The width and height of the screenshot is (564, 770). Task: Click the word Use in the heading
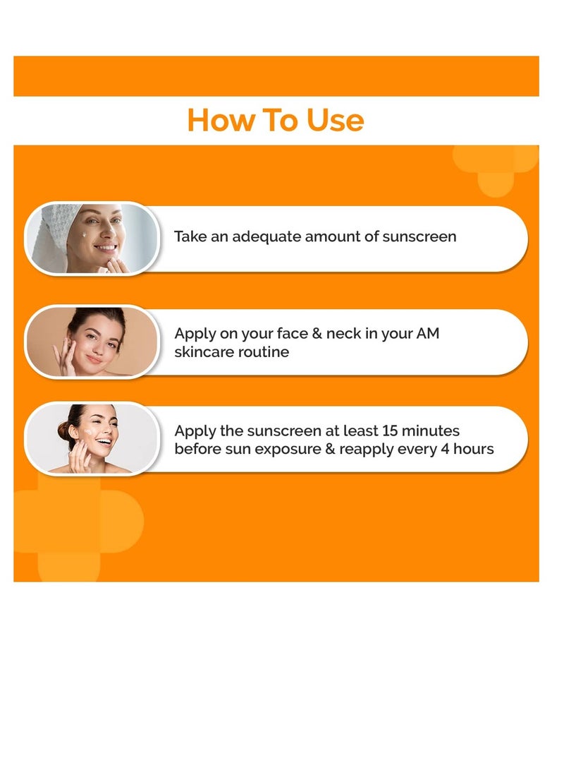point(335,120)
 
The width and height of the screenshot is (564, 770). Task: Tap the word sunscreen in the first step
point(419,237)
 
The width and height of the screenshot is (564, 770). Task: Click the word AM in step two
point(427,334)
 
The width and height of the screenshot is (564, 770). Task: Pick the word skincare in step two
point(204,351)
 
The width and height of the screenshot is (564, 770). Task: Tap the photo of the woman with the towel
point(92,238)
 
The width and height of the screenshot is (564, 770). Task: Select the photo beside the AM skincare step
point(92,342)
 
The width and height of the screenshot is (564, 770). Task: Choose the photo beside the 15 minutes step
point(92,438)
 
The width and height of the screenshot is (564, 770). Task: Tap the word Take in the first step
point(190,237)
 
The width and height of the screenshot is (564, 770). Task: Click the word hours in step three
point(474,449)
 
